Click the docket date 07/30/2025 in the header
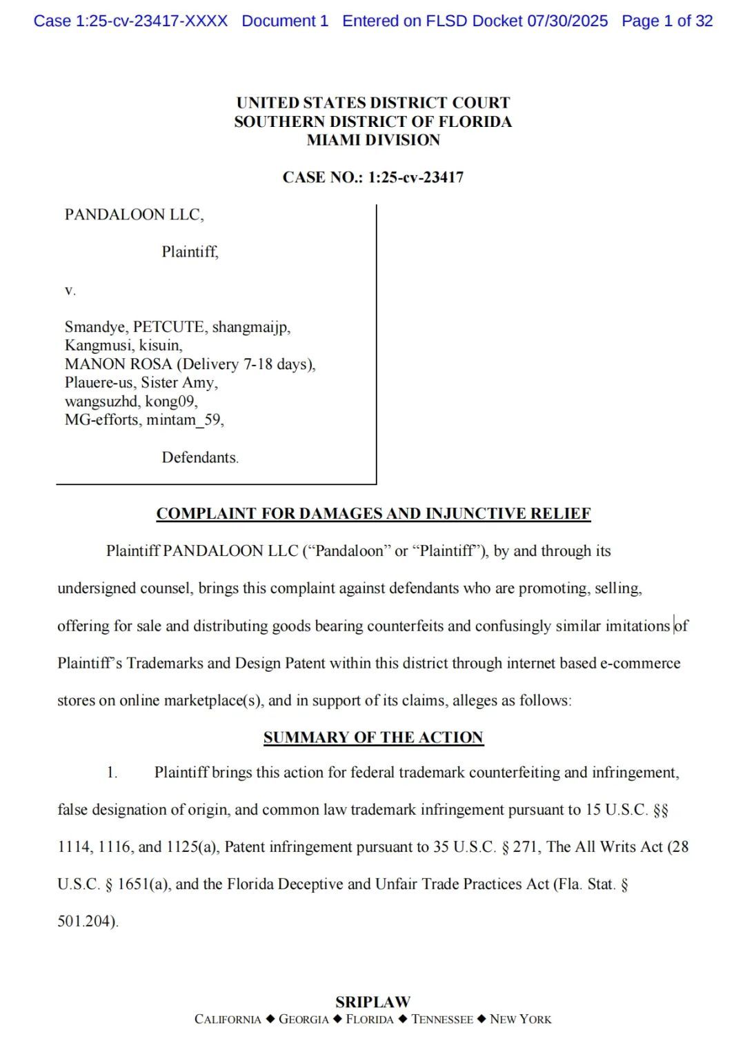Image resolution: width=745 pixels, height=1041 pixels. [568, 21]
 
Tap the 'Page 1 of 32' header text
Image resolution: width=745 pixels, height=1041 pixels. [667, 21]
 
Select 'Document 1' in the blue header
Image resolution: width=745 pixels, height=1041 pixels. [285, 21]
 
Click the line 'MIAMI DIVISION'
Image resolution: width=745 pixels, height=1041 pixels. [373, 140]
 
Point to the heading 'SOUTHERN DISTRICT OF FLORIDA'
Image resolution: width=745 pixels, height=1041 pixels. [373, 121]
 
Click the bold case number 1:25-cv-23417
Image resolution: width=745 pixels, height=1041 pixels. [415, 177]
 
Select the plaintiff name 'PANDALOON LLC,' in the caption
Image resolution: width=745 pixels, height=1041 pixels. [135, 215]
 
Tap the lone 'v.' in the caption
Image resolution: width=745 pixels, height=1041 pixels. [70, 290]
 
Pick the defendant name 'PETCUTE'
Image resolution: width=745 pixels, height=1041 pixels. [168, 327]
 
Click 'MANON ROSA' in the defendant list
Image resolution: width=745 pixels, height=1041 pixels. [118, 364]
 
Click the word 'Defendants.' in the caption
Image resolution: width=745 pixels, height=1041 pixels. [200, 457]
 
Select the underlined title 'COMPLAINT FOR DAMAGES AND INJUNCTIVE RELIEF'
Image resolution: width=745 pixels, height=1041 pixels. [373, 513]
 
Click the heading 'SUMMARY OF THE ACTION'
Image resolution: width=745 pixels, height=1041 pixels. [373, 737]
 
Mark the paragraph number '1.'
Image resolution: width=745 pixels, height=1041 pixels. [112, 773]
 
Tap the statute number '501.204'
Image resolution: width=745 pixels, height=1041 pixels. [86, 921]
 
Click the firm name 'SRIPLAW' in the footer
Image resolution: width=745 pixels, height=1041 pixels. [373, 1002]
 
